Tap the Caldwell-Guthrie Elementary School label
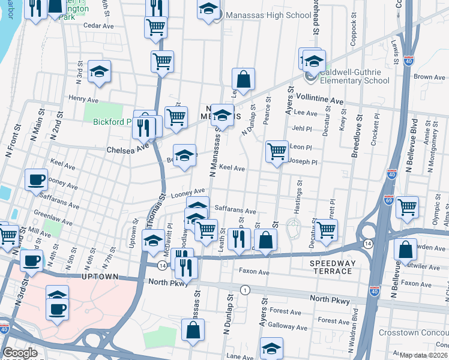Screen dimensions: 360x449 coord(354,76)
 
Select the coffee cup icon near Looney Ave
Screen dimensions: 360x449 coord(37,179)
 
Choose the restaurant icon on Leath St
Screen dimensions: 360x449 coord(240,238)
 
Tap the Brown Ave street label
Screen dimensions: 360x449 coord(429,77)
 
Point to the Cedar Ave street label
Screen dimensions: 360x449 coord(98,26)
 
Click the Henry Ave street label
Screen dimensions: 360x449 coord(83,98)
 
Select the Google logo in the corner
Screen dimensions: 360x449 coord(20,353)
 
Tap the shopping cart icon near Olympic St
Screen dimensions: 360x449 coord(408,207)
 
